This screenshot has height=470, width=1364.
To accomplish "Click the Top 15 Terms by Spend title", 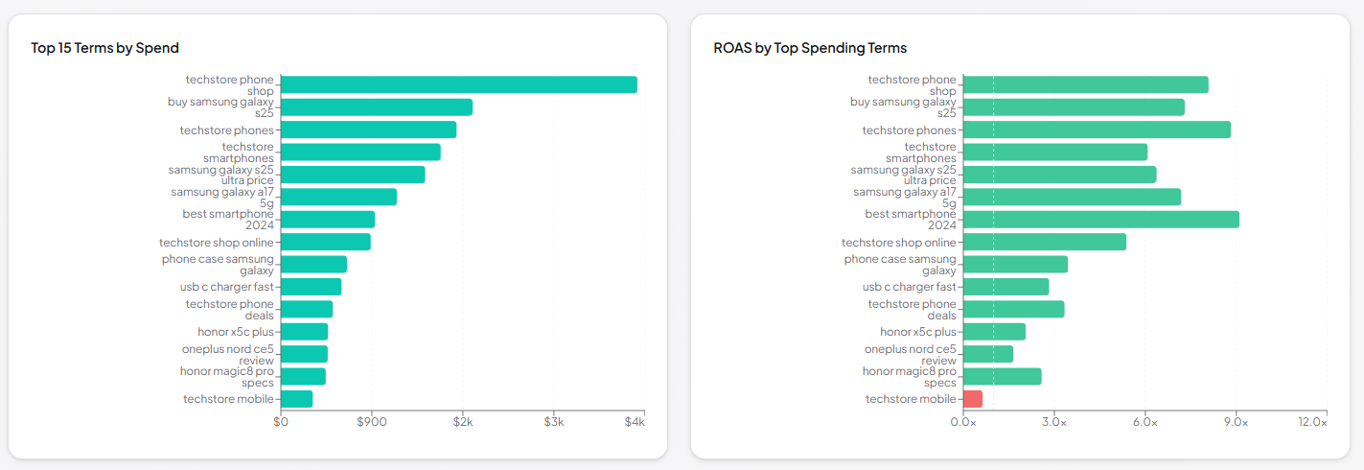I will click(x=104, y=48).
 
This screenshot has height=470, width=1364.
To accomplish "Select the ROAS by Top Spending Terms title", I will click(x=810, y=48).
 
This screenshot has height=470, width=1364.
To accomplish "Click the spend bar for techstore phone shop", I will click(x=459, y=84).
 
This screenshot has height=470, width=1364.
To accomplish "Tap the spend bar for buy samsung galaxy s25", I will click(x=377, y=106).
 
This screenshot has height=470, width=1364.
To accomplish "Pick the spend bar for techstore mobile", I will click(x=297, y=399).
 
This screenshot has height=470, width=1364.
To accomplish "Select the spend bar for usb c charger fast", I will click(x=312, y=287).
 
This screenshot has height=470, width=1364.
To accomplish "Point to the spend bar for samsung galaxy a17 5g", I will click(x=339, y=197).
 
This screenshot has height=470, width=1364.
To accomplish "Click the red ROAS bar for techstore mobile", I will click(x=973, y=399).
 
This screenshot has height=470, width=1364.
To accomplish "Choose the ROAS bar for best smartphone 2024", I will click(x=1100, y=220).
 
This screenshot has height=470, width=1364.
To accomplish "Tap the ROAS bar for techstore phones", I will click(x=1097, y=129).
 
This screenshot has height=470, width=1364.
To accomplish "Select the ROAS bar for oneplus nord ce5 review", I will click(x=988, y=354).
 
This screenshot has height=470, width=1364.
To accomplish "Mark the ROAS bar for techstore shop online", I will click(x=1045, y=242).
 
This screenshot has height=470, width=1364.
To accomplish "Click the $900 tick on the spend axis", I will click(x=372, y=422).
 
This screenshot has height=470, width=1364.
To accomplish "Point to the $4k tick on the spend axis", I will click(x=636, y=422).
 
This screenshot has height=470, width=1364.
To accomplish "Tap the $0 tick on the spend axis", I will click(x=281, y=422).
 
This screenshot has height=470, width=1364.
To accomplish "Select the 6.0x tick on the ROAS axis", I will click(x=1144, y=422).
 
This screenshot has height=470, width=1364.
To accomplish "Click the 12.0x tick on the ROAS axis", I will click(x=1312, y=422).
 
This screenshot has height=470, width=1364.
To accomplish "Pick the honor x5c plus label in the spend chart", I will click(x=236, y=332).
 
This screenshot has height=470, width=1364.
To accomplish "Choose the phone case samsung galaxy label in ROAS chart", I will click(x=900, y=265).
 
